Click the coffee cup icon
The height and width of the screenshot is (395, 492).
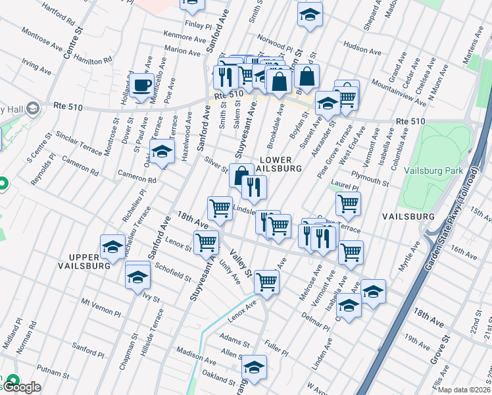(x=141, y=85)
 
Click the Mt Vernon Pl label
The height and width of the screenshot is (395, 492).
(x=101, y=307)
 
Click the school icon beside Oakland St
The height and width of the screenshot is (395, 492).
(x=254, y=368)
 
